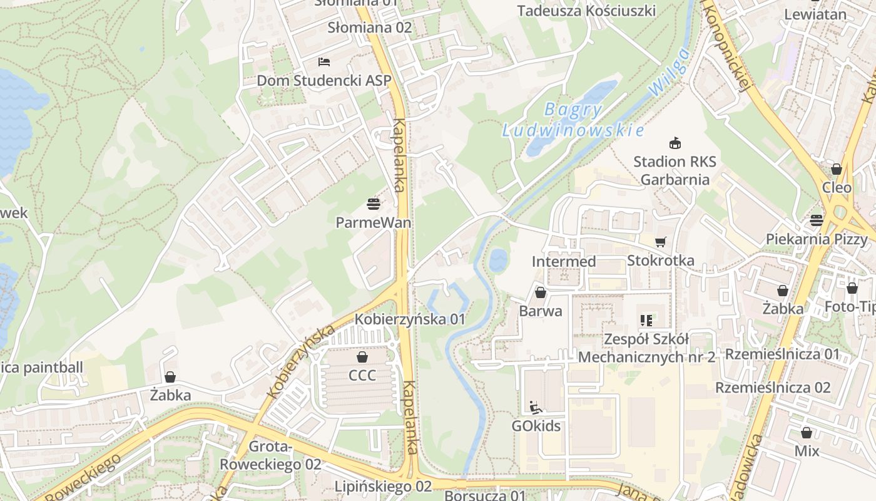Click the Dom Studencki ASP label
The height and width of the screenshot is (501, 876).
click(323, 81)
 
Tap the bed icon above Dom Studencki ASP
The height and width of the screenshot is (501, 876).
click(324, 61)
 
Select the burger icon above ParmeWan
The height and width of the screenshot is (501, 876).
click(374, 204)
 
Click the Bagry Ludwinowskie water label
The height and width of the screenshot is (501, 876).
click(573, 120)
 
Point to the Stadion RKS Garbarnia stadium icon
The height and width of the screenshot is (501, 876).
click(675, 143)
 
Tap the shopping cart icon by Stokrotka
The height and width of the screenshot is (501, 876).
click(660, 242)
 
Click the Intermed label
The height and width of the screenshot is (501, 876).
click(564, 261)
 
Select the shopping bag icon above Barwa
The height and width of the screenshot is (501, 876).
click(541, 292)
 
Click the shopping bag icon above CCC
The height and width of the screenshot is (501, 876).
click(362, 357)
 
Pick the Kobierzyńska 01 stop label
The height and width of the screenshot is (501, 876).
click(410, 319)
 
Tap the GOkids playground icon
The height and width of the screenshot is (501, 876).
click(536, 407)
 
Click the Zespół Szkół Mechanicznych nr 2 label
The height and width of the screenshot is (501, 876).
click(646, 348)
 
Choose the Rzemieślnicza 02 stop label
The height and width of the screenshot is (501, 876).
click(773, 387)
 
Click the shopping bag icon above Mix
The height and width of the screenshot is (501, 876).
click(807, 433)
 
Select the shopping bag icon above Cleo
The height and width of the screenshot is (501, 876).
click(836, 169)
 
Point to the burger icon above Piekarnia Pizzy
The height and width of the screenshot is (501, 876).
click(817, 220)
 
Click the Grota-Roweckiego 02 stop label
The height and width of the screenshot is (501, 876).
click(270, 456)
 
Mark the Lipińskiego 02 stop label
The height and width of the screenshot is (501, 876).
click(383, 487)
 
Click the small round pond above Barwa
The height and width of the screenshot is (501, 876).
click(498, 260)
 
